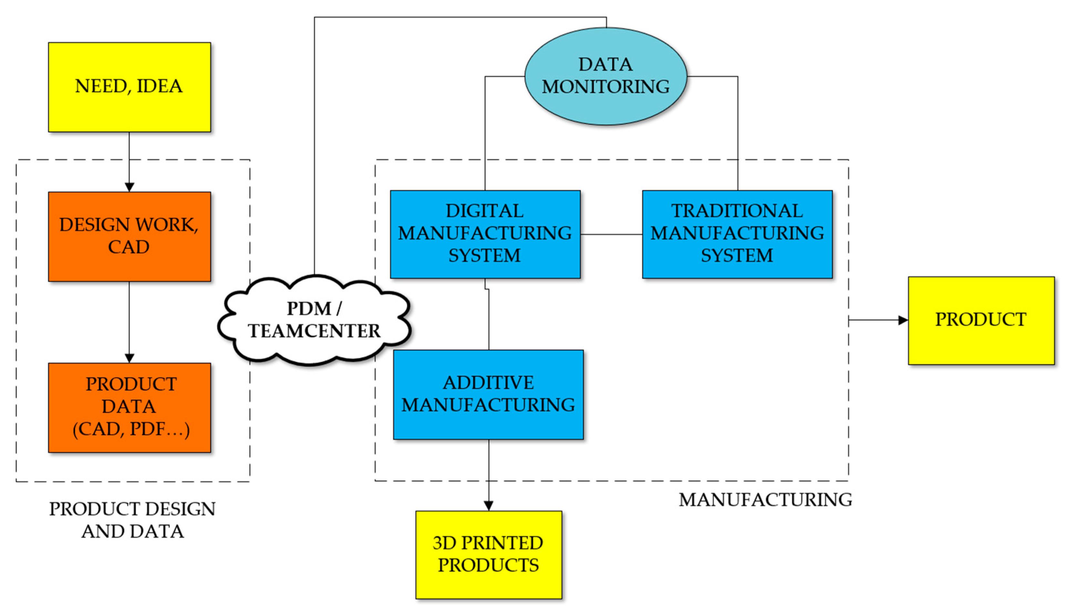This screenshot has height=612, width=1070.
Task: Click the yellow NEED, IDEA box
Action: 130,87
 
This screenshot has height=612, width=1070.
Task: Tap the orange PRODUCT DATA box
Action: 130,407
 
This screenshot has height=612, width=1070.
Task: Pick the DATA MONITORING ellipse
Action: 606,76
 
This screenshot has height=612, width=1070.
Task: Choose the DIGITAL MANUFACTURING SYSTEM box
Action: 485,234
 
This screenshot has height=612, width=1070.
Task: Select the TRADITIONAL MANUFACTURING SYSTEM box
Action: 737,234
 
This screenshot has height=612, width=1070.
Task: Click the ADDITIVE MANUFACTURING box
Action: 488,394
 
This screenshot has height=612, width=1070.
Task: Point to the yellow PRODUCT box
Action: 981,320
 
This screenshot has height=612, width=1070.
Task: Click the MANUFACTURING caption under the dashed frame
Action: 765,500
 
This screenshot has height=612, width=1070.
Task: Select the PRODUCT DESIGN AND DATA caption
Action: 132,520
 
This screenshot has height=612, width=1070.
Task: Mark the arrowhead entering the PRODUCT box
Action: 903,320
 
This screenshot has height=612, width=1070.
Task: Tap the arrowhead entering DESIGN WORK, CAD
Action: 130,187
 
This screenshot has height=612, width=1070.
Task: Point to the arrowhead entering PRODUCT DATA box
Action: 130,358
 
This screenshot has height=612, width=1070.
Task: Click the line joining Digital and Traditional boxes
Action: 611,234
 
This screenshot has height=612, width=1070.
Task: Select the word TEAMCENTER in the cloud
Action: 314,331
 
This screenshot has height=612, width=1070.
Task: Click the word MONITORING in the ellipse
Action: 606,87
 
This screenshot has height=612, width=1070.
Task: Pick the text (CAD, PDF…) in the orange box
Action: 131,429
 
